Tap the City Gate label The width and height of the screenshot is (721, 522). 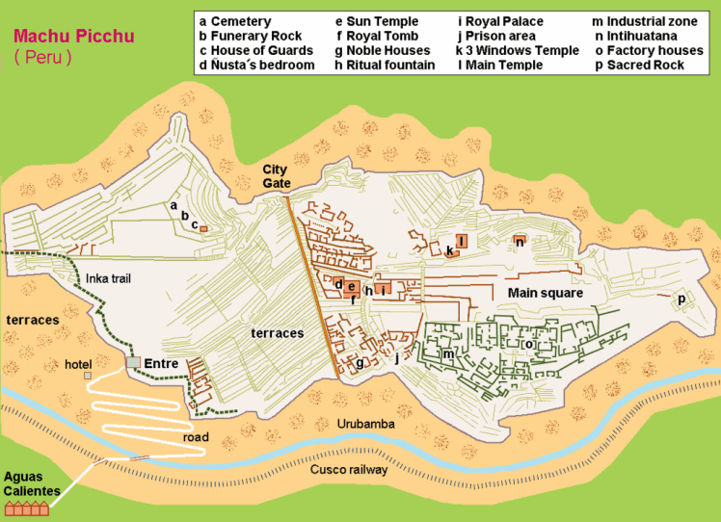[x=277, y=176]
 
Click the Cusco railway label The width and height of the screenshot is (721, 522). [x=349, y=469]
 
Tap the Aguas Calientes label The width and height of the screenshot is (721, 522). [x=31, y=483]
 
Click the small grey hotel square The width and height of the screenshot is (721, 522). [x=88, y=376]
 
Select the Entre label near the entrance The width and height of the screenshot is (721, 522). [x=161, y=363]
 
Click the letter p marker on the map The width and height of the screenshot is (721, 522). [x=681, y=300]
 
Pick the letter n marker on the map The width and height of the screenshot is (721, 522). [x=520, y=242]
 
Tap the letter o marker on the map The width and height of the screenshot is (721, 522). [x=528, y=344]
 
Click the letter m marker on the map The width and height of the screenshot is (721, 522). [x=448, y=353]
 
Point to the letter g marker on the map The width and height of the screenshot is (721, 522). [x=360, y=363]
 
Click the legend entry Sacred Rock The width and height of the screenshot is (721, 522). [x=639, y=65]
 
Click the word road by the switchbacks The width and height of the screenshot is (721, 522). [x=195, y=436]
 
